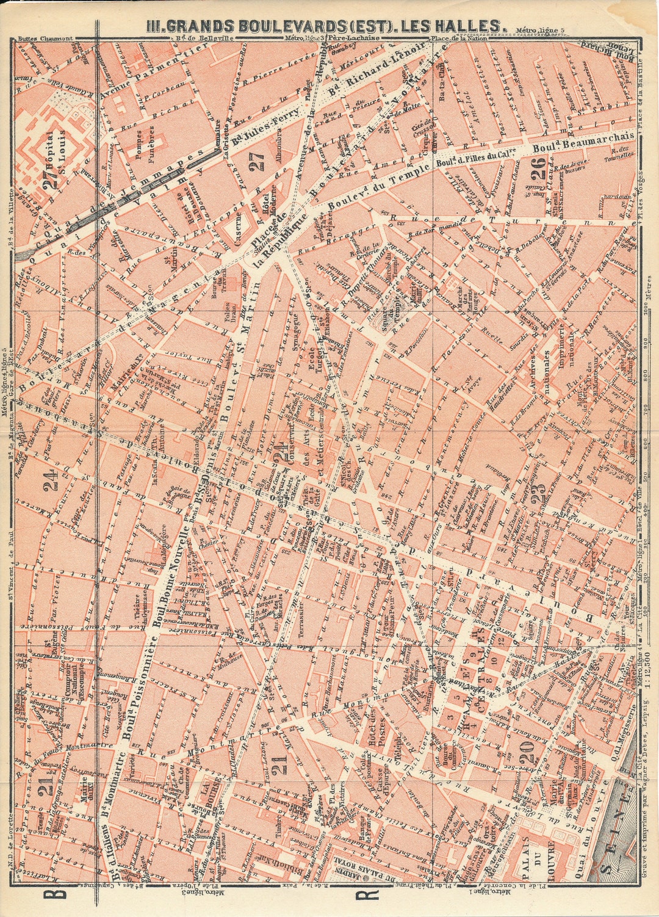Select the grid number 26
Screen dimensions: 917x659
537,165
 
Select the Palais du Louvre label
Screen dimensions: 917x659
542,855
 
